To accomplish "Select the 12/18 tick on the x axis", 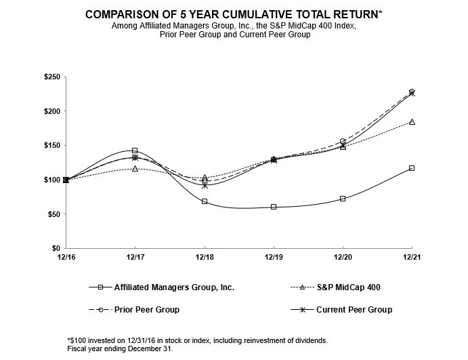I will point(205,256).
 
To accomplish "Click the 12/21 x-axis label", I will point(412,256).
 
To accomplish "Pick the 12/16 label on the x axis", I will point(66,256).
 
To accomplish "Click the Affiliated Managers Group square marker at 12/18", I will point(205,201).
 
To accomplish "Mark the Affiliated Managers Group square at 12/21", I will point(412,168).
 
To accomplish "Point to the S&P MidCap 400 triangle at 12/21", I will point(412,122).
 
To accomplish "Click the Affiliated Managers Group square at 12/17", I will point(135,151).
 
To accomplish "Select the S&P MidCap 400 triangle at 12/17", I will point(135,168).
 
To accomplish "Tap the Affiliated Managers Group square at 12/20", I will point(343,199).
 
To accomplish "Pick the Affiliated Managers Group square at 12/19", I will point(274,207).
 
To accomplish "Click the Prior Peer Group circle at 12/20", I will point(343,141).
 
